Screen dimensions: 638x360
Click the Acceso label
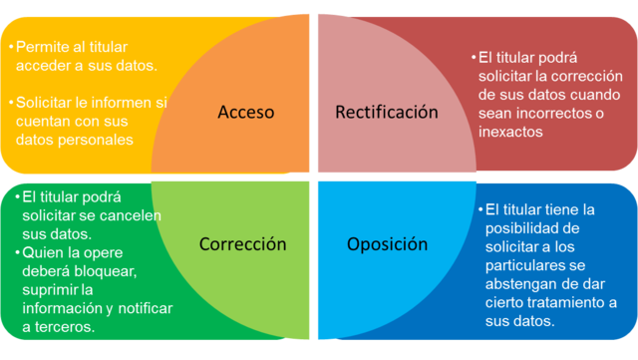pos(245,113)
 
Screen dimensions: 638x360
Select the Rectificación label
pos(386,112)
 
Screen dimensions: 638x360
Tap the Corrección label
pos(242,243)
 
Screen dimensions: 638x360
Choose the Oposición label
pos(388,243)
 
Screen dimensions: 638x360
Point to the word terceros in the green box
pos(60,327)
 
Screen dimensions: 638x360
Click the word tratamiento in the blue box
pos(560,303)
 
